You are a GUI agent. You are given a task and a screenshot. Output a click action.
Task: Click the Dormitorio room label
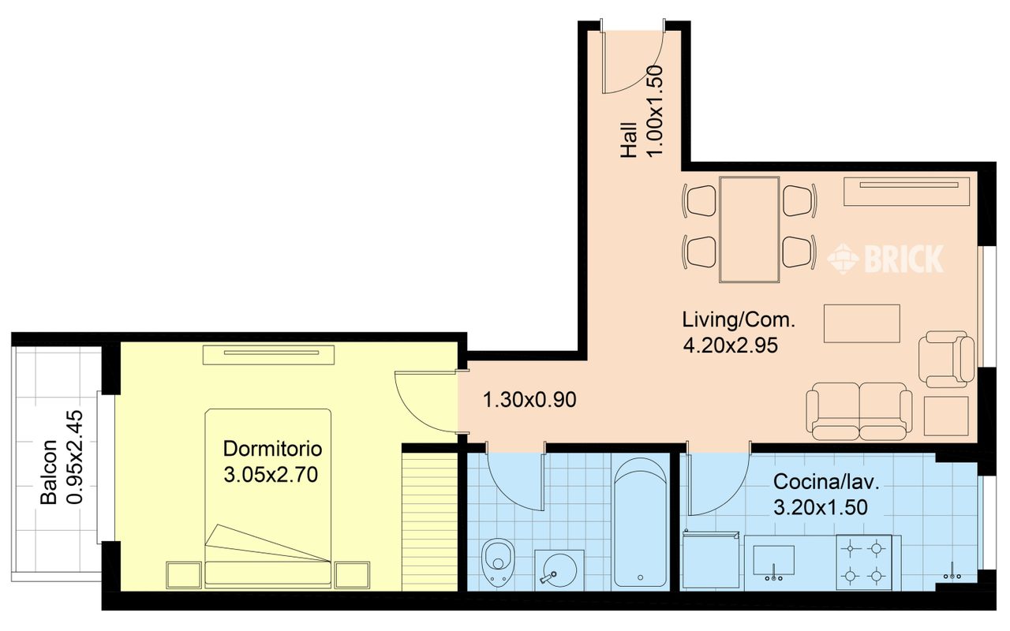(x=272, y=449)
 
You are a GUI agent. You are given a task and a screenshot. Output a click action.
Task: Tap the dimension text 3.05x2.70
(x=271, y=475)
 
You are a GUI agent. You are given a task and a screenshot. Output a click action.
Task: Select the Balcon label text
(x=49, y=472)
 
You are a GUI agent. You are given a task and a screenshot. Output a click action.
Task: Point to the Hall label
(x=629, y=140)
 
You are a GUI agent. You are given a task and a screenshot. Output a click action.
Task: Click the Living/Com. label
(x=739, y=320)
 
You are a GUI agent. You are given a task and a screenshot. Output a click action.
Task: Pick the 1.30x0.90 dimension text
(x=529, y=400)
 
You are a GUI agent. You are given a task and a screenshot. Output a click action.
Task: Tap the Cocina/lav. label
(x=826, y=482)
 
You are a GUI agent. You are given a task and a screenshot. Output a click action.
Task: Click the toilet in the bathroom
(x=498, y=562)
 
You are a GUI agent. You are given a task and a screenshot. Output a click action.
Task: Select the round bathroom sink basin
(x=559, y=570)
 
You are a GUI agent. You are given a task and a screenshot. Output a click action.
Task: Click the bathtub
(x=640, y=522)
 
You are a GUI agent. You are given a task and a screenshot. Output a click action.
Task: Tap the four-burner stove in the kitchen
(x=863, y=562)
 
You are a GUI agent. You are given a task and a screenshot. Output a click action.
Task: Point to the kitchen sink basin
(x=774, y=560)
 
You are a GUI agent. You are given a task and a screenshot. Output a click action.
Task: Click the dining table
(x=750, y=230)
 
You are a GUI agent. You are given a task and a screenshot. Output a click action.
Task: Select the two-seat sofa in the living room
(x=859, y=412)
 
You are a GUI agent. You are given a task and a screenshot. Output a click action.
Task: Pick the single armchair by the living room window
(x=946, y=359)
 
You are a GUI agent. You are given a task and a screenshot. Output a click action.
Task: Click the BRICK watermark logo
(x=885, y=259)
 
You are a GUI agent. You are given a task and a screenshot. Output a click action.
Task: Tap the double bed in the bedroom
(x=268, y=498)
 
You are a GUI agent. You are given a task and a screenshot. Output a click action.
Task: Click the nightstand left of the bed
(x=184, y=575)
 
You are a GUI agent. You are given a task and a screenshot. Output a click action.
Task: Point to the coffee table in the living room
(x=862, y=323)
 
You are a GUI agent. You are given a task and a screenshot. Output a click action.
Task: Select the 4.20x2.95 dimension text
(x=731, y=345)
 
